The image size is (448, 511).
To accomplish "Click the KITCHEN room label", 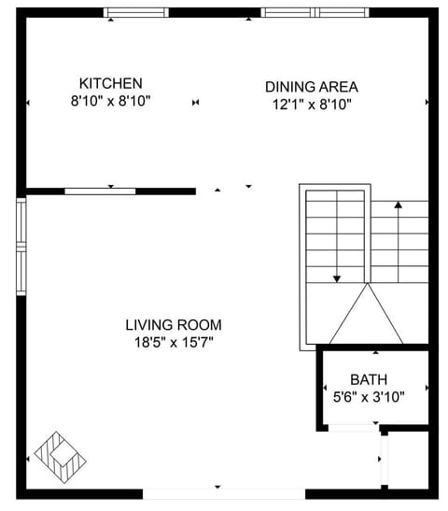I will tap(110, 83).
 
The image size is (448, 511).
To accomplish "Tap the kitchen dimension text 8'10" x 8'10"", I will tap(110, 101).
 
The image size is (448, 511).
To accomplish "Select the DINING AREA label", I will tap(311, 86).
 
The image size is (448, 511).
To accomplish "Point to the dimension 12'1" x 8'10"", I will tap(311, 105).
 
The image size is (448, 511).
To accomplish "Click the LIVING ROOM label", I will tap(174, 325).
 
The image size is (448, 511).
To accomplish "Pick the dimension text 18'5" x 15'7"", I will tap(174, 342).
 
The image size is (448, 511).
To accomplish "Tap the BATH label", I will tap(369, 379).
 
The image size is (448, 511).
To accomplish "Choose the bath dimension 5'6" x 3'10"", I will tap(369, 396).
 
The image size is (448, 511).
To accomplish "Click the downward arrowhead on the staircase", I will tap(336, 277).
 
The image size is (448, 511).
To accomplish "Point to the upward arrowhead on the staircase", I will tap(399, 204).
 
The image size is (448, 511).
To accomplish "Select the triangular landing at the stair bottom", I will tap(365, 318).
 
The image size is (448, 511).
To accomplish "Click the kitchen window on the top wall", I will tap(136, 13).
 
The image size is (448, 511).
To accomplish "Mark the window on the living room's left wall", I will tap(21, 245).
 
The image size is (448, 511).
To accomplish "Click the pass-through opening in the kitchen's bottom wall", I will tap(100, 191).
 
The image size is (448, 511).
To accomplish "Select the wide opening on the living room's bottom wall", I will tap(217, 491).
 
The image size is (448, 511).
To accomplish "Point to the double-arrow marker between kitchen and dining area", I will tap(195, 102).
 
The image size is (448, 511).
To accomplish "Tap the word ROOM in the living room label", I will tap(202, 325).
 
